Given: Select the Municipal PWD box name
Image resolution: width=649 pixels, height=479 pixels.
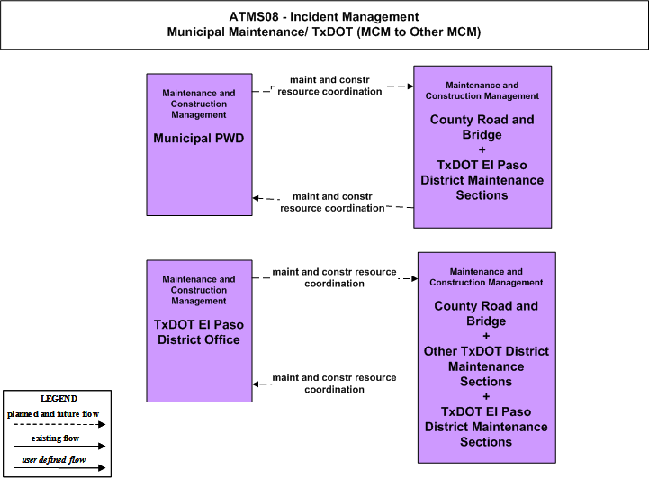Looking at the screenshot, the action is (199, 138).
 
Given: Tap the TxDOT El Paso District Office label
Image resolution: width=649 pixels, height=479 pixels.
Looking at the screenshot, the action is (199, 332).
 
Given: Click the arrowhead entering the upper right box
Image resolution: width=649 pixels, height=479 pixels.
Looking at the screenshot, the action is (410, 86).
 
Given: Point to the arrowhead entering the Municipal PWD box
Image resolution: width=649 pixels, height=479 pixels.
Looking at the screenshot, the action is (256, 198).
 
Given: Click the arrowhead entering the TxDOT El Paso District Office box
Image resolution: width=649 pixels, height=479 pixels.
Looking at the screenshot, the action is (256, 384).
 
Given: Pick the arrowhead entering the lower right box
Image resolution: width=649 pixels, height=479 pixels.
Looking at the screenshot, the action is (414, 278).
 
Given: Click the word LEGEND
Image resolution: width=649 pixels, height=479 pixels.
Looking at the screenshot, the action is (59, 398).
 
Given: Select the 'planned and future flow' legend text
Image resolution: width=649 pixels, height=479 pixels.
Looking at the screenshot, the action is (53, 413).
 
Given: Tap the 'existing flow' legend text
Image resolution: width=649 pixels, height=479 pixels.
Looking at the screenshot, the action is (55, 438).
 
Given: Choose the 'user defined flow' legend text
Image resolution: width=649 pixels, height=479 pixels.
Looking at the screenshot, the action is (54, 459).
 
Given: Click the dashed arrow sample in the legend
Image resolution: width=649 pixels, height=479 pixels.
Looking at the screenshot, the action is (59, 424).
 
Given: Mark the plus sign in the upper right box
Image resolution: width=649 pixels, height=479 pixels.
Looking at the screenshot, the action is (482, 149).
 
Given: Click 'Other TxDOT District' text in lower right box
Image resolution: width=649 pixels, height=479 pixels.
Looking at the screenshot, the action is (486, 351).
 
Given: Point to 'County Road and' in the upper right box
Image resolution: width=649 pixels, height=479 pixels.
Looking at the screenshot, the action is (482, 119).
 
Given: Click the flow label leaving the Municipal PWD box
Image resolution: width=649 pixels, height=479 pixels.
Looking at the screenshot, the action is (329, 86).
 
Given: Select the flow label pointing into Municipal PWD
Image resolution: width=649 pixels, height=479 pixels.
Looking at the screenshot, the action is (332, 202).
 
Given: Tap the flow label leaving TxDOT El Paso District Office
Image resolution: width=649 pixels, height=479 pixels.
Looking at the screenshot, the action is (335, 277).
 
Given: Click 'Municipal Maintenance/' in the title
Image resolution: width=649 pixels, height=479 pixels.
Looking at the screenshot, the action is (238, 32).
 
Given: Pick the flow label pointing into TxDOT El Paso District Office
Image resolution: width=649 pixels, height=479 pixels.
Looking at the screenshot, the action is (335, 384).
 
